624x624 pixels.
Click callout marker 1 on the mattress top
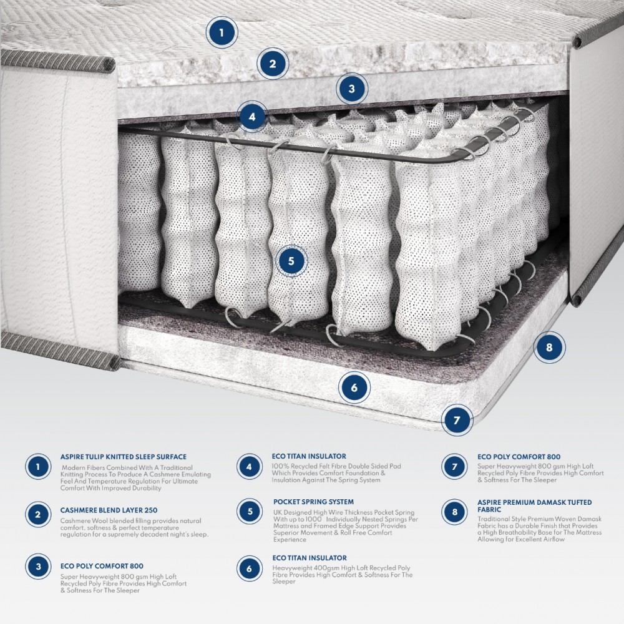[222, 32]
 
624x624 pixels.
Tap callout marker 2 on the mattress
[273, 63]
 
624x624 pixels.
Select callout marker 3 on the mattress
[352, 89]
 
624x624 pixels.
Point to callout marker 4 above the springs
[252, 116]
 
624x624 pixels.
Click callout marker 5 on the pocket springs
[291, 261]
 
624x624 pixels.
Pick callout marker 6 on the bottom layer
[354, 388]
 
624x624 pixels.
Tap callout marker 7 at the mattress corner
[457, 420]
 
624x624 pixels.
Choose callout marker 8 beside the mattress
[549, 348]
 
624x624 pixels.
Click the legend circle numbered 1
[39, 467]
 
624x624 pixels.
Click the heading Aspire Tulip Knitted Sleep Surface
[124, 457]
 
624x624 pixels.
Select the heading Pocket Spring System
[313, 502]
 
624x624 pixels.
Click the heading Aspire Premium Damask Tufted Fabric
[534, 505]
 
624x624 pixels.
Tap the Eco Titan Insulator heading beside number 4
[309, 456]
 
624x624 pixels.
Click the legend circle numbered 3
[39, 567]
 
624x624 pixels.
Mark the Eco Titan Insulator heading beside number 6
[309, 558]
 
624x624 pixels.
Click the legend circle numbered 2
[39, 515]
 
